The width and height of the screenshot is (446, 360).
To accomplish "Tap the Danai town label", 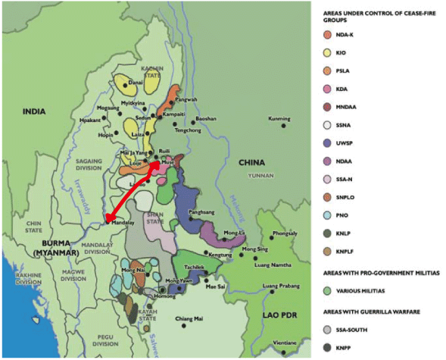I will (136, 83).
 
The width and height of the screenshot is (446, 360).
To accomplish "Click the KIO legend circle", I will (326, 54).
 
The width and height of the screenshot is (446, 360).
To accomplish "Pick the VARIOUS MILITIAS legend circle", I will (326, 290).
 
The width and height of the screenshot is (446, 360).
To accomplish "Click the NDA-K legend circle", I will (326, 34).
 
